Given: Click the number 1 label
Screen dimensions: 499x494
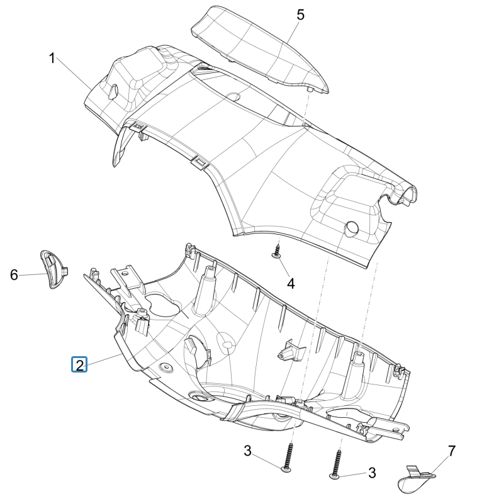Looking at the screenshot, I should coord(53,59).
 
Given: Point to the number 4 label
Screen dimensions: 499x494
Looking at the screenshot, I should coord(291,283).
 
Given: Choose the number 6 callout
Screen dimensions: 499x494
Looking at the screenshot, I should coord(14,274).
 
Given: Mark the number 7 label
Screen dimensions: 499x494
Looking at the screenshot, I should coord(451,451).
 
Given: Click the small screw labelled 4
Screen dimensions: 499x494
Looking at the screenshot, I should coord(276,253).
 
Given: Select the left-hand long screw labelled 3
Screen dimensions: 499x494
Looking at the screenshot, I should coord(288,456).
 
